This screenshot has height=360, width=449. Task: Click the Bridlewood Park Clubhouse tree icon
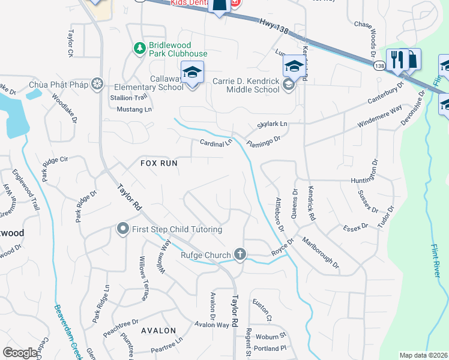139,47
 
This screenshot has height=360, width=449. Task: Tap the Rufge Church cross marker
240,254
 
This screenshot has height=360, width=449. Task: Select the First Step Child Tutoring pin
123,229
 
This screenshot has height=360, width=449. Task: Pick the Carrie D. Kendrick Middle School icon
289,86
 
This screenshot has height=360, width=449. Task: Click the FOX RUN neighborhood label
160,163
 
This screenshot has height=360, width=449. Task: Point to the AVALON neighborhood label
158,331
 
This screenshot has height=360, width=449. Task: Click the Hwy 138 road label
274,24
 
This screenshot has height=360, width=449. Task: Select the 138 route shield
379,65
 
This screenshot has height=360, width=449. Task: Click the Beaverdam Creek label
67,329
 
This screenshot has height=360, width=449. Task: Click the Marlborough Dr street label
321,254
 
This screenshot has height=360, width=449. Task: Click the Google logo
20,353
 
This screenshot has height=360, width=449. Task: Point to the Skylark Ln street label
273,124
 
